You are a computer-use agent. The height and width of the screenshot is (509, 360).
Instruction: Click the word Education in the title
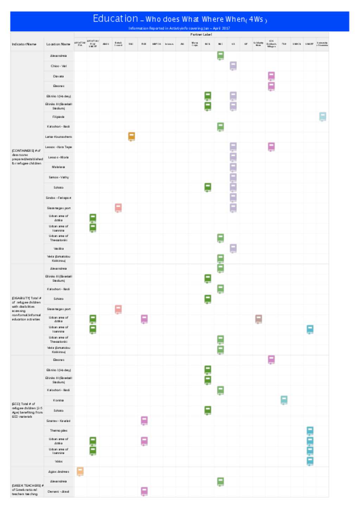pyautogui.click(x=115, y=19)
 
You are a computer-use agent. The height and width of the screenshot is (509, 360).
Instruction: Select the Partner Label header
pyautogui.click(x=201, y=34)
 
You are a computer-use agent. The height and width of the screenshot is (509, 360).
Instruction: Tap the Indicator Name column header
pyautogui.click(x=24, y=44)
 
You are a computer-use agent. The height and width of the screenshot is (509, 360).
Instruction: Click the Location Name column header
pyautogui.click(x=58, y=44)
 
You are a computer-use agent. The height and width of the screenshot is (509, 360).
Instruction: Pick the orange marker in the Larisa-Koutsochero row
pyautogui.click(x=131, y=136)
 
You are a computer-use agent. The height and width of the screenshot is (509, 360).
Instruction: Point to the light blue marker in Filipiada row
pyautogui.click(x=322, y=116)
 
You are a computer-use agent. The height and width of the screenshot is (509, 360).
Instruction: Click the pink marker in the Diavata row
pyautogui.click(x=271, y=76)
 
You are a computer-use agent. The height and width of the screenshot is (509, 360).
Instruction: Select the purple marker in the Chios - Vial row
pyautogui.click(x=233, y=66)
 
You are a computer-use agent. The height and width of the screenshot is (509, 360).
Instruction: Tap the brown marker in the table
pyautogui.click(x=258, y=319)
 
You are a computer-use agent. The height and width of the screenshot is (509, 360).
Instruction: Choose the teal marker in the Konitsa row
pyautogui.click(x=284, y=400)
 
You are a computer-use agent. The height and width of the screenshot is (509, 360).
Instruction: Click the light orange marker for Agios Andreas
pyautogui.click(x=80, y=471)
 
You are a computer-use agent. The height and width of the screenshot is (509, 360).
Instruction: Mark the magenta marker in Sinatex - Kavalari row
pyautogui.click(x=144, y=420)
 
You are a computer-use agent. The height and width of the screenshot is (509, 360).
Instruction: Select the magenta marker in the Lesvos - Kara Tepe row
pyautogui.click(x=271, y=147)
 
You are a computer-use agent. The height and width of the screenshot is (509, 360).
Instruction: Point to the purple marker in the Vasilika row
pyautogui.click(x=233, y=248)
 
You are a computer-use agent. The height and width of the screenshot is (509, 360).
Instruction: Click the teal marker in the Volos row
pyautogui.click(x=310, y=461)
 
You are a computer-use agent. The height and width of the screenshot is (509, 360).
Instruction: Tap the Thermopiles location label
pyautogui.click(x=59, y=431)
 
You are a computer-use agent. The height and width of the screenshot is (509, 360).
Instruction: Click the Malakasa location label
pyautogui.click(x=58, y=167)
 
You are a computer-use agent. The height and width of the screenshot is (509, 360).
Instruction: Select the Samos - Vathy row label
pyautogui.click(x=59, y=177)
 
